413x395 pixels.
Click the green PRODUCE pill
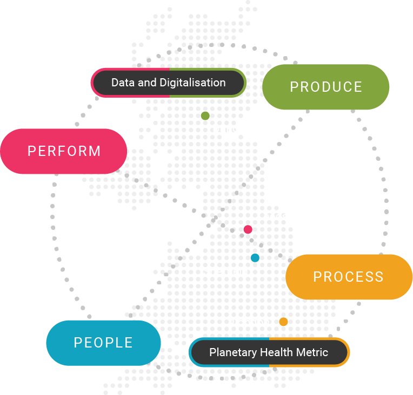coord(325,87)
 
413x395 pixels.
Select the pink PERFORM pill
coord(64,151)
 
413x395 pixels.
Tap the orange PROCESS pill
coord(349,277)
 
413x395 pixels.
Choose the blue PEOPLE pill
coord(103,343)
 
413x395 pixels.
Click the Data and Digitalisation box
coord(168,83)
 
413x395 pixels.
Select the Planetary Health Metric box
coord(269,352)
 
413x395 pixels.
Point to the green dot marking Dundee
coord(205,115)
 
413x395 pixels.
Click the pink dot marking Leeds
coord(248,229)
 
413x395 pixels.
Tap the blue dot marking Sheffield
coord(255,258)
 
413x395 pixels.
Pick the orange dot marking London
coord(283,322)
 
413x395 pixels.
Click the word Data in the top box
coord(122,83)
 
